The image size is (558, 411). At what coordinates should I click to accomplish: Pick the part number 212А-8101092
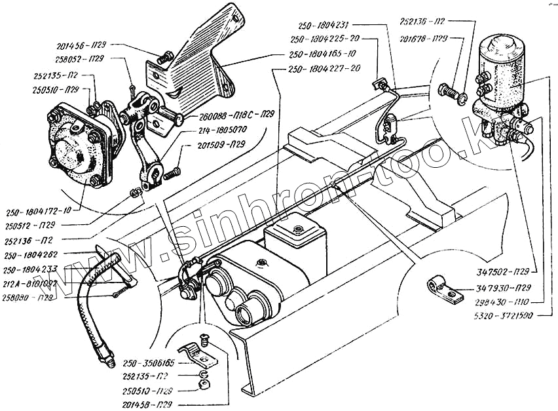pyautogui.click(x=29, y=283)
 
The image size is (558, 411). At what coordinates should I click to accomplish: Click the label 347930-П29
pyautogui.click(x=498, y=287)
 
